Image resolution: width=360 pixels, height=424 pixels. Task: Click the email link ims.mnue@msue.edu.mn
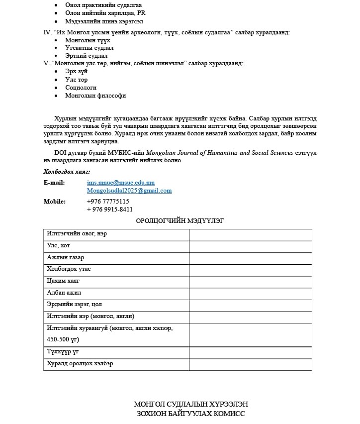(120, 183)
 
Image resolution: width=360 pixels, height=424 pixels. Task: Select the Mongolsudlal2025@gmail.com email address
(129, 190)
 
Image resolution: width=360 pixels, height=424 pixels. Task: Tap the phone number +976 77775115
(108, 202)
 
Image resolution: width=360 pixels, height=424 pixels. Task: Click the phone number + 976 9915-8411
(109, 210)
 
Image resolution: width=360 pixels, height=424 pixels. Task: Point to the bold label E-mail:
(54, 183)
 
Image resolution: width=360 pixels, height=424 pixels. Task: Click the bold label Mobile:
(55, 202)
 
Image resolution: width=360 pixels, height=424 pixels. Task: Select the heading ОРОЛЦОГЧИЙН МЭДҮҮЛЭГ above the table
(180, 221)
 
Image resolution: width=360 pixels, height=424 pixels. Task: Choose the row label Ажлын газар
(65, 258)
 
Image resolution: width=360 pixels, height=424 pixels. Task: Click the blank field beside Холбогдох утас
(250, 270)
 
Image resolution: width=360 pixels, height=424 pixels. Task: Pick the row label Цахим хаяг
(64, 281)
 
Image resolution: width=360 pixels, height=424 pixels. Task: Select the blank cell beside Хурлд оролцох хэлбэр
(250, 364)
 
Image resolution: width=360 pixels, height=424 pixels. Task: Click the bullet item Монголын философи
(95, 96)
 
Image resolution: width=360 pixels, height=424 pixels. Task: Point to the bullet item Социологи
(81, 88)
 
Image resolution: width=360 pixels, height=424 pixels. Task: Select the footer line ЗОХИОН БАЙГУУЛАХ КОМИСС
(191, 414)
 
